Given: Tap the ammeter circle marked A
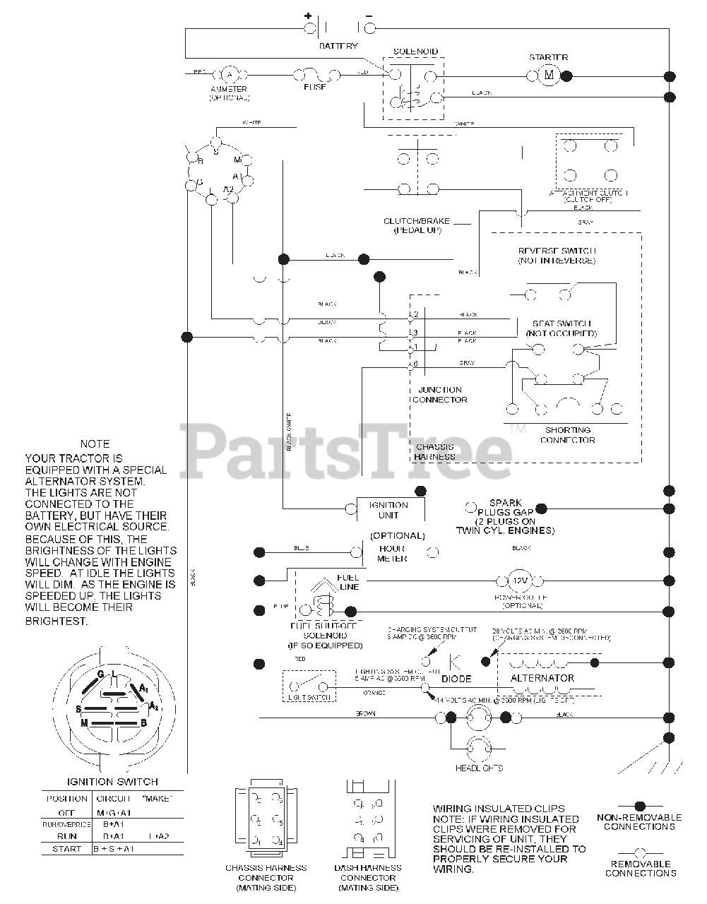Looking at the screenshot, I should point(228,73).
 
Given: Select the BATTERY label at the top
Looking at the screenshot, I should point(338,46).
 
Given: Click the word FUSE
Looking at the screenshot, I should point(314,87).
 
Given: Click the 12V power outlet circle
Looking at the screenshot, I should point(520,581).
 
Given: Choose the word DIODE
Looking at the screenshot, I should point(456,679).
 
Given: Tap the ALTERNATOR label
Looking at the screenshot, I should point(542,678).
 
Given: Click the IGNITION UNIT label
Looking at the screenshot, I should point(388,510).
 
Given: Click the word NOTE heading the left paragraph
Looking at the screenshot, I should point(95,444).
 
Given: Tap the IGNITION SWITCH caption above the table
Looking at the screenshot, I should point(112,781).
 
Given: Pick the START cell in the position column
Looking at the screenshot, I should point(67,848).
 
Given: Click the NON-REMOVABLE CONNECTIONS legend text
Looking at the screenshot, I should point(638,821).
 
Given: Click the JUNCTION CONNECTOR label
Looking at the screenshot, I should point(439,394).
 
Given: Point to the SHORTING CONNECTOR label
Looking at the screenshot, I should point(567,434).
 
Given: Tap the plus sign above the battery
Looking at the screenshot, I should point(308,15).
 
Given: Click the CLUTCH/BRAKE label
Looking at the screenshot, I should point(417,225).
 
